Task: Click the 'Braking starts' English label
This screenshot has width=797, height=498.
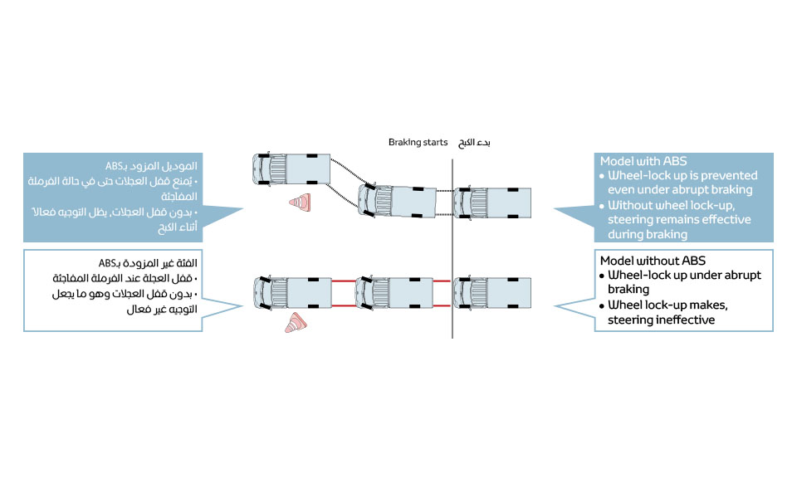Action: click(418, 142)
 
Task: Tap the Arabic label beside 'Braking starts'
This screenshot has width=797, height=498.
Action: click(475, 142)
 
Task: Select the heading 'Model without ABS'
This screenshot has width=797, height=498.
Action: click(652, 260)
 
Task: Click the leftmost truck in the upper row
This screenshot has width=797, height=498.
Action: click(290, 170)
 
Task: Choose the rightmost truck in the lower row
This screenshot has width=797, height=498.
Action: click(491, 291)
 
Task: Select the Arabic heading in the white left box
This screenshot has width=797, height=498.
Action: click(156, 262)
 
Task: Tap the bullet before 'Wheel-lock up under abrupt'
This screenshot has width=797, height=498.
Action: click(602, 276)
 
